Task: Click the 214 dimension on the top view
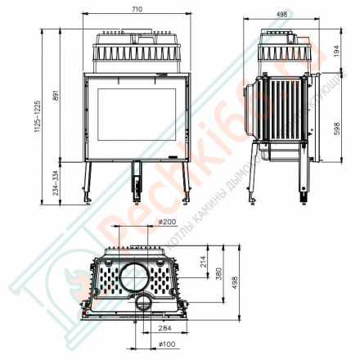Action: pos(204,263)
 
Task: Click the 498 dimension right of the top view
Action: pos(238,281)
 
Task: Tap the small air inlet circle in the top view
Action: pos(145,305)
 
